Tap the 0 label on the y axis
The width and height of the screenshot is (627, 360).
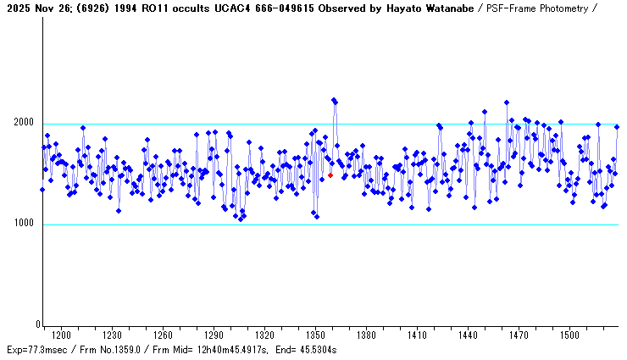[37, 325]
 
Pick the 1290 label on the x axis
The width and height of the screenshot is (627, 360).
[214, 335]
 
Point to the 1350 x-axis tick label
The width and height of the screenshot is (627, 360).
[315, 335]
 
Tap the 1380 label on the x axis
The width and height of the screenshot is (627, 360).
[366, 335]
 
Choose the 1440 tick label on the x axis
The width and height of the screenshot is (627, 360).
[468, 335]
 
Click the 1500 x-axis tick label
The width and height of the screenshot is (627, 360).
[569, 335]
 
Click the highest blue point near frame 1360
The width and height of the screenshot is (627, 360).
[334, 100]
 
